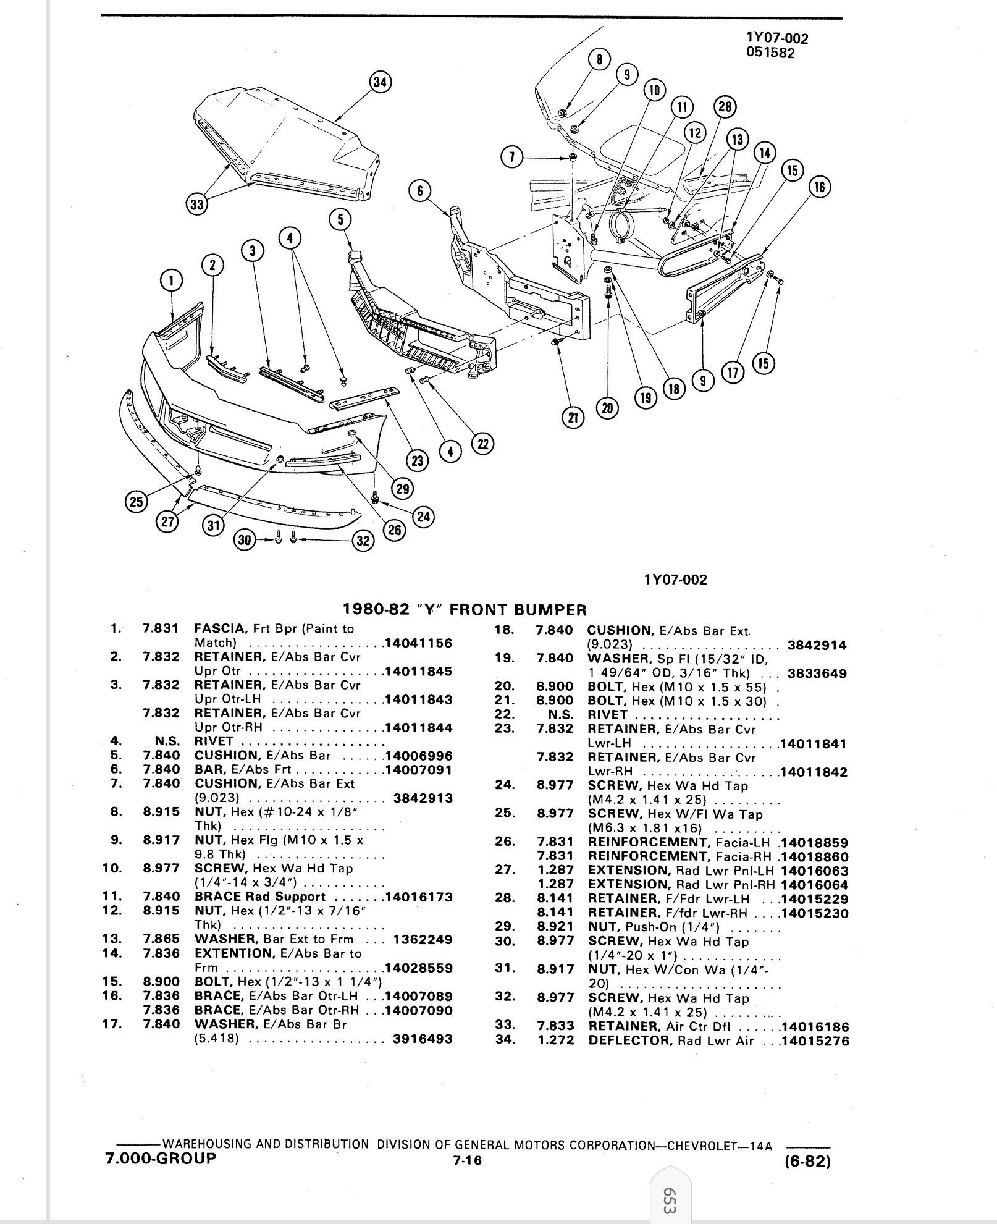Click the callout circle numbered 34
tap(381, 83)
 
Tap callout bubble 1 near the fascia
tap(171, 281)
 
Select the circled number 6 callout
tap(419, 191)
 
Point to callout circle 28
tap(725, 107)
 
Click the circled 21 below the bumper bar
tap(573, 418)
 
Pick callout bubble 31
tap(213, 526)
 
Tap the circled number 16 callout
tap(820, 187)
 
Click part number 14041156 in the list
tap(418, 643)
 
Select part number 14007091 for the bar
tap(418, 770)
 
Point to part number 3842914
tap(817, 646)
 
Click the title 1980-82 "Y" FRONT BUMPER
tap(465, 610)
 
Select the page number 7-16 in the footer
tap(466, 1160)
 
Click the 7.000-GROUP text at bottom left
tap(161, 1158)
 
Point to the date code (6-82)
tap(807, 1162)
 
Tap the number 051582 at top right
tap(770, 53)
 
